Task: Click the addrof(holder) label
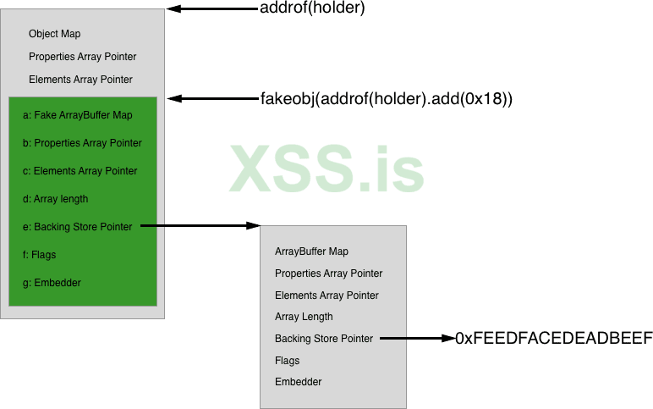coord(313,9)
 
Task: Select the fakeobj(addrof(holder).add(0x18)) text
coord(387,99)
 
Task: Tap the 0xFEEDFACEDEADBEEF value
coord(554,339)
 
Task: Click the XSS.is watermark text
coord(326,169)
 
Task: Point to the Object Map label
coord(55,35)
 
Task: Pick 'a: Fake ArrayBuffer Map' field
coord(78,115)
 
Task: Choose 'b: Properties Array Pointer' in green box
coord(82,143)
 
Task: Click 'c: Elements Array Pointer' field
coord(80,171)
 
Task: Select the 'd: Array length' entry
coord(55,199)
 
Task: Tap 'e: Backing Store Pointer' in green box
coord(77,227)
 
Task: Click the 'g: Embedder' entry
coord(52,283)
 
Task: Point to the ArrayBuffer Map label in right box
coord(311,251)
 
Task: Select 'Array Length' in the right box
coord(304,317)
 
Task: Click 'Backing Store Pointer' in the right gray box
coord(324,339)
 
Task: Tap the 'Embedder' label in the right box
coord(299,382)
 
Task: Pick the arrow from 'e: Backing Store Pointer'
coord(200,226)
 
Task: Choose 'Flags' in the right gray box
coord(288,361)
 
